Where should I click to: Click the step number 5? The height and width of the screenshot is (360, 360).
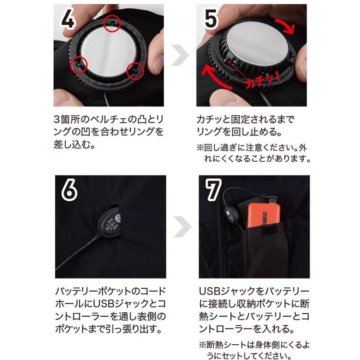click(211, 18)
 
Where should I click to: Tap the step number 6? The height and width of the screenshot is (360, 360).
click(69, 190)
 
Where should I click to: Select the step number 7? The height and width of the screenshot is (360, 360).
click(213, 189)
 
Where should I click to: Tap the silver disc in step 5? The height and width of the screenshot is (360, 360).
click(257, 44)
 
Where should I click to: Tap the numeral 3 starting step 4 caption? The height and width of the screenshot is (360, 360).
click(57, 119)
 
